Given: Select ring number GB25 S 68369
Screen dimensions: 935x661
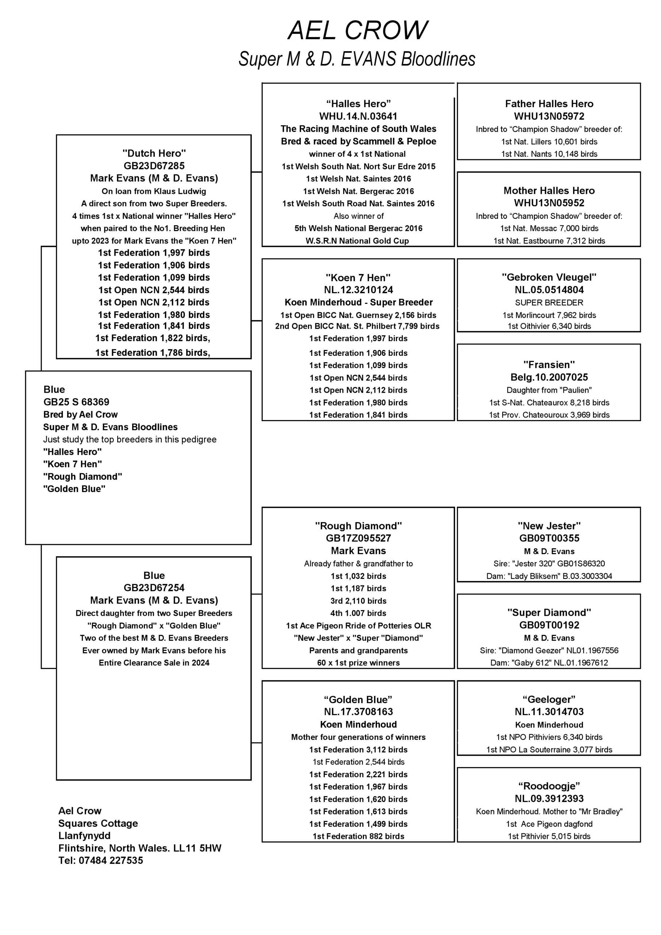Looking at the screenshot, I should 76,402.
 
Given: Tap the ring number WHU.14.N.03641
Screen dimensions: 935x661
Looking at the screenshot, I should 358,117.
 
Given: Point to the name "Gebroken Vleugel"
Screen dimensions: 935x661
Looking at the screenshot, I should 549,277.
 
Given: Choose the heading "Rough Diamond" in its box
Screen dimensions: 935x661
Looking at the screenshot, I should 358,526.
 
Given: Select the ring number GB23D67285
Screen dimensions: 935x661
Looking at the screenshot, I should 154,166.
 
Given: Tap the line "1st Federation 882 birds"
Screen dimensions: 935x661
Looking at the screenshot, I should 358,836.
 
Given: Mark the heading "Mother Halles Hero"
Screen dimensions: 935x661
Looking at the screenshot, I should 549,191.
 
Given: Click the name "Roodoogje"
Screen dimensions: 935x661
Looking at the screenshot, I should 549,786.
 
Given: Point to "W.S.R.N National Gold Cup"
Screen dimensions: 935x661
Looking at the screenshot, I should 357,241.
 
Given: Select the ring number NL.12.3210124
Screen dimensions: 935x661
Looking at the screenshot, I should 358,290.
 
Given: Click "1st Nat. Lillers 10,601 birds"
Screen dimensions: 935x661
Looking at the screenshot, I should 549,142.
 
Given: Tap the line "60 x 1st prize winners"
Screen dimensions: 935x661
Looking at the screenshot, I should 358,663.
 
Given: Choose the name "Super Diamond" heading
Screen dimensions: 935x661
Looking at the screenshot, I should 549,612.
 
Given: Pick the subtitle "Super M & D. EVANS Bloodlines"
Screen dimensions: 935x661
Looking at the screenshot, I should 357,59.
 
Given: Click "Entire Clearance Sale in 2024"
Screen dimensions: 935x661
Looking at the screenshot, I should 154,663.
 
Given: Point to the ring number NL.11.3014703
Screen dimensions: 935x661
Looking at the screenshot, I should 549,712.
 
